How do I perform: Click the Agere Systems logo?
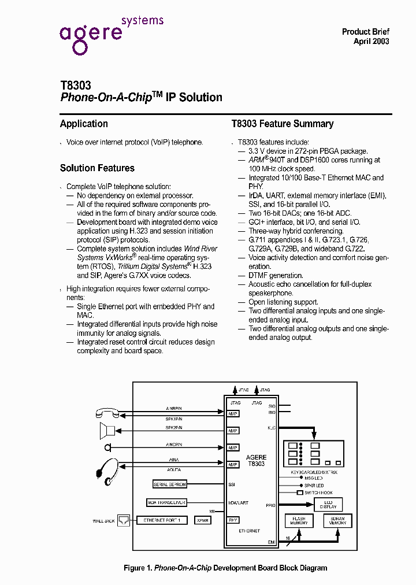click(110, 33)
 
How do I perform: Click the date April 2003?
click(371, 41)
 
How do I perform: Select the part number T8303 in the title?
click(75, 85)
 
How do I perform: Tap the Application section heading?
click(84, 124)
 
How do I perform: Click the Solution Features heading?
click(97, 168)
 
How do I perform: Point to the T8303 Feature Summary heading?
click(283, 124)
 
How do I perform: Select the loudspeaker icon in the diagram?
click(107, 431)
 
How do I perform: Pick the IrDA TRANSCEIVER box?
click(168, 503)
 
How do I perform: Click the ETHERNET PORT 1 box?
click(162, 520)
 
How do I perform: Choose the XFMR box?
click(203, 520)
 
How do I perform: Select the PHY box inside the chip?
click(233, 520)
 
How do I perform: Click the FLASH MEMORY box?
click(299, 521)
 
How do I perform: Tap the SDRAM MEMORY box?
click(337, 521)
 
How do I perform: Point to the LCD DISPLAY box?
click(328, 504)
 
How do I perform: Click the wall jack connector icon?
click(124, 520)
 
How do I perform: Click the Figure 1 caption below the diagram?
click(225, 568)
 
